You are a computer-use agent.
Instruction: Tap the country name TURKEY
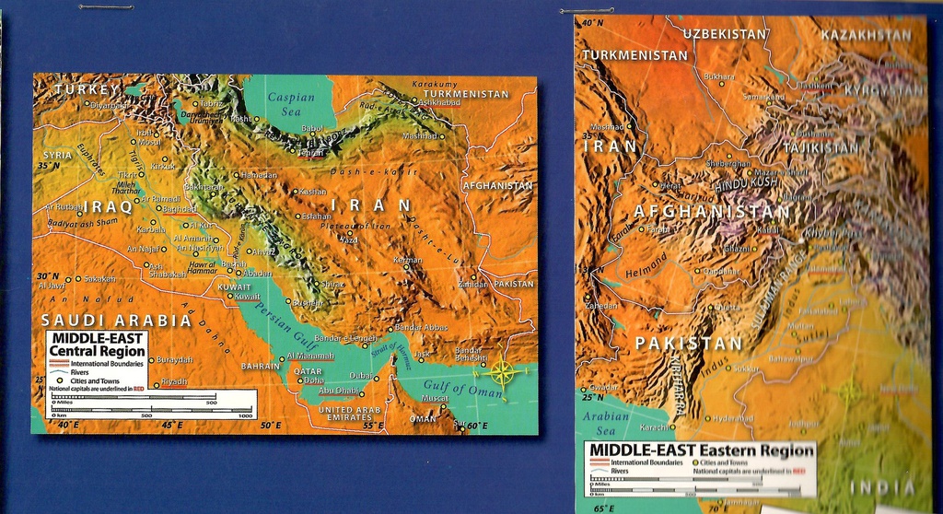(87, 89)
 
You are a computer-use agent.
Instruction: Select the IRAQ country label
(109, 206)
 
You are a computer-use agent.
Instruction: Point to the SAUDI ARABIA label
(116, 320)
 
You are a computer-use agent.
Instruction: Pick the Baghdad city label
(180, 209)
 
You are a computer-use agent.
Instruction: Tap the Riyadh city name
(173, 381)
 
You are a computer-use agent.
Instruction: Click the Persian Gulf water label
(267, 322)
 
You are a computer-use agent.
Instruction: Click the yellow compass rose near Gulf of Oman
(502, 372)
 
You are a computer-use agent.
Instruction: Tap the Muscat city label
(435, 398)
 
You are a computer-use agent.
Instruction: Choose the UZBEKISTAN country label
(724, 33)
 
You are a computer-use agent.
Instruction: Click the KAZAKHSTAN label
(865, 35)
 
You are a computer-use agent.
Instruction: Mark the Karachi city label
(654, 426)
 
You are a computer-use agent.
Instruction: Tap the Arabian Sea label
(605, 422)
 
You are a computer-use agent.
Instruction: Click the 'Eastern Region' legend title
(701, 450)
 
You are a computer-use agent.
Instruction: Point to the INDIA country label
(882, 486)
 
